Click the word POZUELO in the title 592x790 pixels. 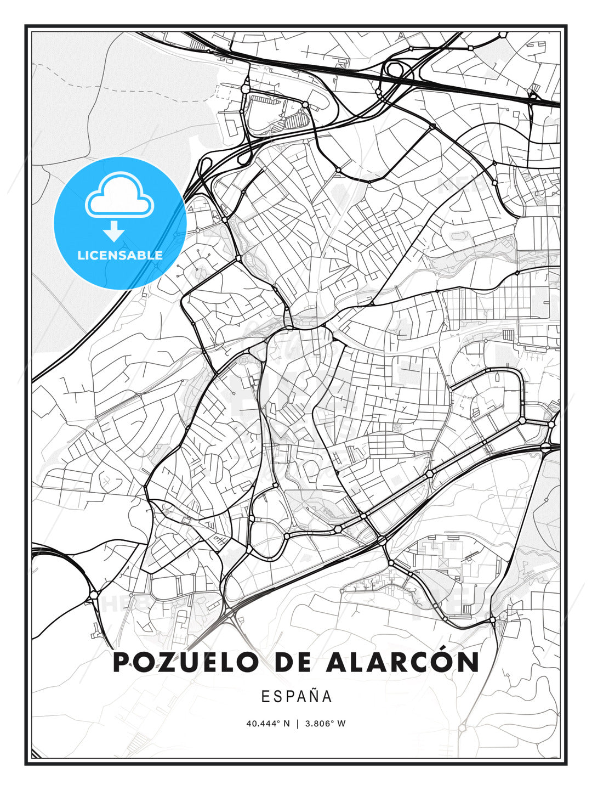pyautogui.click(x=185, y=662)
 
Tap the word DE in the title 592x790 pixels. pyautogui.click(x=292, y=662)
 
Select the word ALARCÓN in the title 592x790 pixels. pyautogui.click(x=402, y=662)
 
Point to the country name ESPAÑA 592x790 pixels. pyautogui.click(x=297, y=697)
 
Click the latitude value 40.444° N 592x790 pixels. pyautogui.click(x=268, y=724)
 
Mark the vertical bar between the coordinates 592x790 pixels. pyautogui.click(x=297, y=724)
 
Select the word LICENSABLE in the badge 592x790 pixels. pyautogui.click(x=120, y=255)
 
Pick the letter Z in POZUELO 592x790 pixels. pyautogui.click(x=167, y=662)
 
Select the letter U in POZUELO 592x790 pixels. pyautogui.click(x=190, y=662)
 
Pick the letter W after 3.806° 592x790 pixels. pyautogui.click(x=341, y=724)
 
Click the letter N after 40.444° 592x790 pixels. pyautogui.click(x=286, y=724)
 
